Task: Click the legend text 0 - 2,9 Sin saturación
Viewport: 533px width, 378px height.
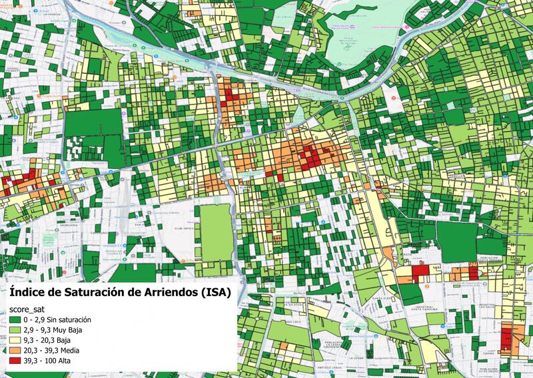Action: point(59,321)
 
